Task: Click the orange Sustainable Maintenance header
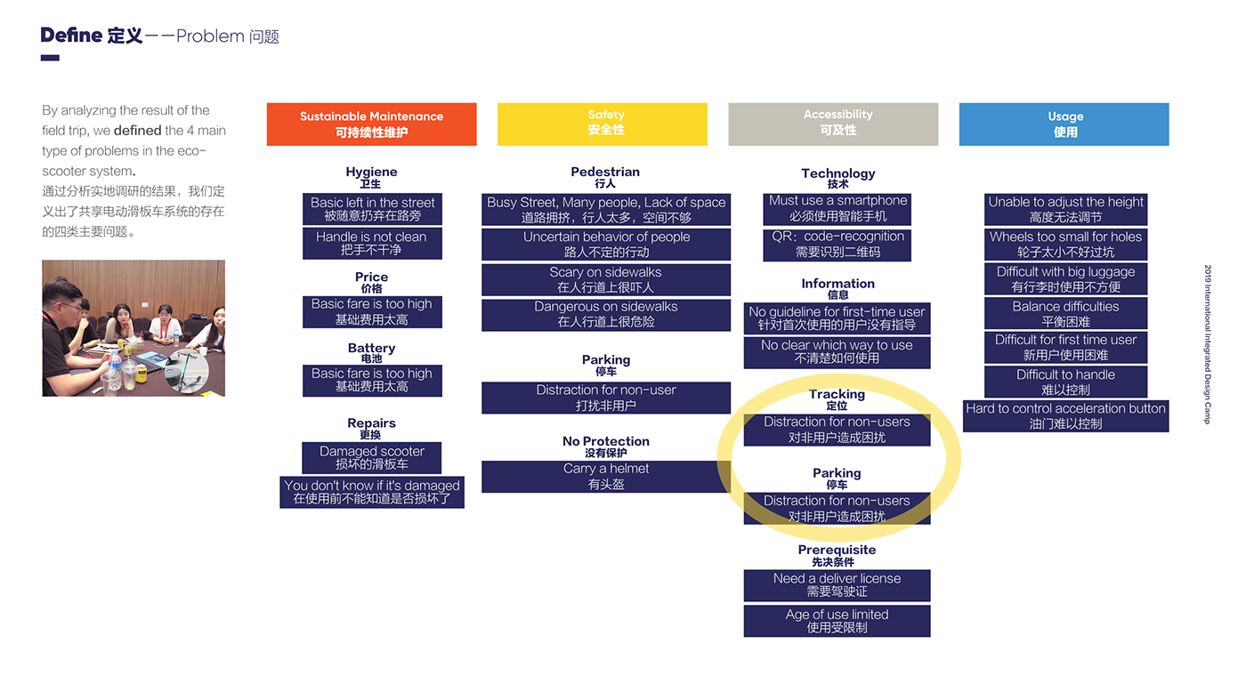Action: [x=371, y=125]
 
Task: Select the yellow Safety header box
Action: [x=603, y=124]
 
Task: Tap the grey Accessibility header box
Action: [x=833, y=124]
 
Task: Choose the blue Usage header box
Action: [x=1064, y=125]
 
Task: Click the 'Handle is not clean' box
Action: [x=372, y=244]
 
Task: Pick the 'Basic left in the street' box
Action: [x=372, y=209]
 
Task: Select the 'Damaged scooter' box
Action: [x=372, y=458]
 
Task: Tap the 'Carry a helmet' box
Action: [x=606, y=477]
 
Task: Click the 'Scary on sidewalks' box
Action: [x=606, y=280]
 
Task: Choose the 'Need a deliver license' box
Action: [x=837, y=585]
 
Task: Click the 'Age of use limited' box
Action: [x=837, y=621]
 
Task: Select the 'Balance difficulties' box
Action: [x=1065, y=314]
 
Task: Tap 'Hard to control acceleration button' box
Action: [x=1065, y=416]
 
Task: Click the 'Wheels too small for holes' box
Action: [x=1065, y=245]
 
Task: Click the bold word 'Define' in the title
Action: [x=71, y=36]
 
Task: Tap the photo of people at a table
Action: [x=133, y=328]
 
